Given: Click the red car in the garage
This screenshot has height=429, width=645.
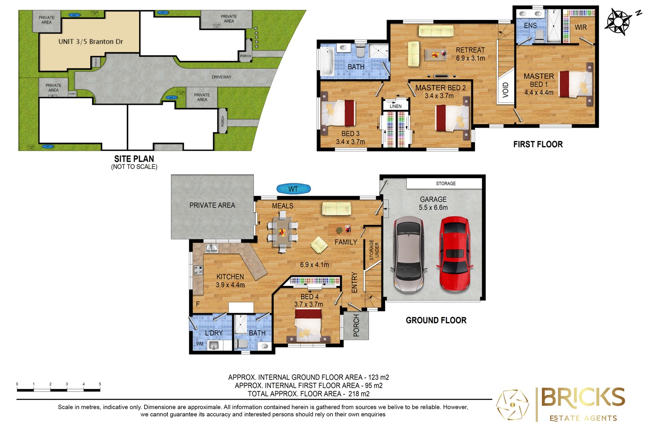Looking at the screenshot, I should pos(455,255).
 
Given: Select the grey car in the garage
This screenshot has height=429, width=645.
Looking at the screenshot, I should pos(408,255).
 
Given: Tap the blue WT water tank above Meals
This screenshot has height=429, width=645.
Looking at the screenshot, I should pos(293,189).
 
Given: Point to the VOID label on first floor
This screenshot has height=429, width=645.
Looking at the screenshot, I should pos(505,89).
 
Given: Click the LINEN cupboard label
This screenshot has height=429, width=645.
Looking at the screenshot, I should pos(395,106).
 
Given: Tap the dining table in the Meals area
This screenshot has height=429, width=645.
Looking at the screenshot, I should pos(282,232).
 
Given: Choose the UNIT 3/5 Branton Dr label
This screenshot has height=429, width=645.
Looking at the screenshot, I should pos(91,42).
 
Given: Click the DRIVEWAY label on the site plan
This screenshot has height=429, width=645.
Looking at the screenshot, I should pos(221,77).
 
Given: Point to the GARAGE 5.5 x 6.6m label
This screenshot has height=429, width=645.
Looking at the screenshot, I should pos(433,203).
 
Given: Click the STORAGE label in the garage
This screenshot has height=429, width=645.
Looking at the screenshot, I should pos(446,184).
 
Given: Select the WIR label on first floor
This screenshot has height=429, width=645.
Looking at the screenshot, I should pos(580,27).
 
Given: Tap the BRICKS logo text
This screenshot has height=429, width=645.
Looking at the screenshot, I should pos(582,398).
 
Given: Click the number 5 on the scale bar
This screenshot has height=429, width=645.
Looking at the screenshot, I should pos(100,384).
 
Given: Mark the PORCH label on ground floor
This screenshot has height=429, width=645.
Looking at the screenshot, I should pos(356,326).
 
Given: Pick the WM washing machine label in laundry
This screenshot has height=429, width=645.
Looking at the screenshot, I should pos(199,344).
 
